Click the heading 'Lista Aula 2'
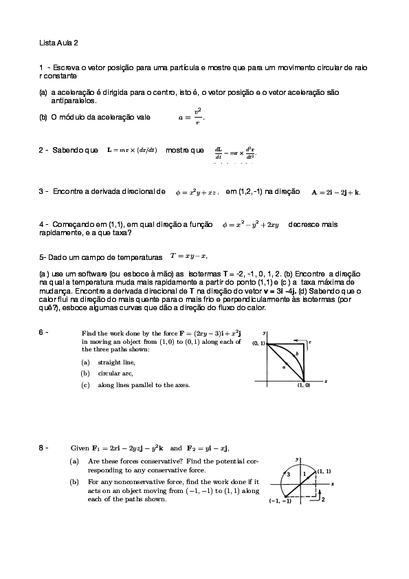(x=58, y=43)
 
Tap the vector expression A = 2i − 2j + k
(x=336, y=193)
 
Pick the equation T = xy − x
(x=188, y=256)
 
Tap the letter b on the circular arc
(x=296, y=353)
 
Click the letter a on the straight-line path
(x=283, y=368)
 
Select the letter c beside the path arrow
(x=311, y=341)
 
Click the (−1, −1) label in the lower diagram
(x=280, y=501)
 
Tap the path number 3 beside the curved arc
(x=289, y=474)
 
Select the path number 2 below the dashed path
(x=323, y=500)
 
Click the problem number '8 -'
(x=44, y=448)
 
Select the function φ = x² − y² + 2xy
(x=250, y=225)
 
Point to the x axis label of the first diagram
(x=325, y=380)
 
